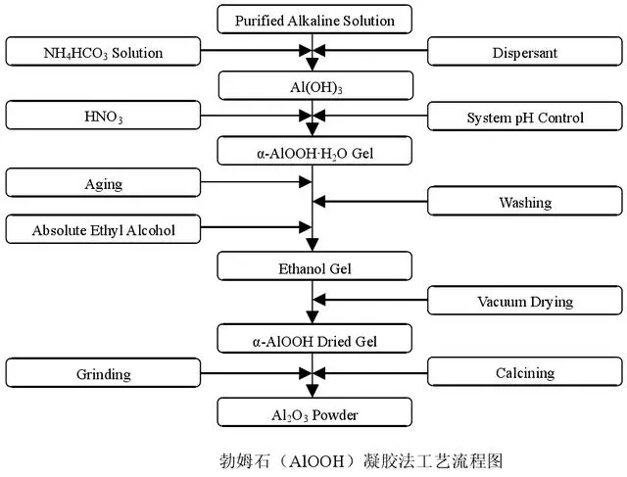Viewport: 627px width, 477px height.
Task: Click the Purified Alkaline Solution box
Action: tap(314, 20)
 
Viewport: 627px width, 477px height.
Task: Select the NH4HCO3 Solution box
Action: tap(103, 52)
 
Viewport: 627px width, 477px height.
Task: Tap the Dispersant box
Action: tap(525, 52)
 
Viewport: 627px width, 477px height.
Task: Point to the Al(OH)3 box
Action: tap(315, 85)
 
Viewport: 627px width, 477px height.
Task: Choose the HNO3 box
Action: tap(103, 116)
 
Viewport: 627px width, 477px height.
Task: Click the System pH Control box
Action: tap(525, 117)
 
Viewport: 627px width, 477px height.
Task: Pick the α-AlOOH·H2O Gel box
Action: tap(314, 151)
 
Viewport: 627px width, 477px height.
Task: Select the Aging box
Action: tap(103, 183)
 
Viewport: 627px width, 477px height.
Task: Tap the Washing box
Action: tap(525, 201)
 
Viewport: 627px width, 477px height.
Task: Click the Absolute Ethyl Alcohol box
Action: tap(103, 229)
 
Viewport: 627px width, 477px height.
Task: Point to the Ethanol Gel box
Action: tap(314, 266)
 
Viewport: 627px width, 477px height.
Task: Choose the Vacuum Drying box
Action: tap(525, 301)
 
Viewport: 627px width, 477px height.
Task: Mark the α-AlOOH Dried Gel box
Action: tap(314, 339)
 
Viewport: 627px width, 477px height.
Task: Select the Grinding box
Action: tap(103, 372)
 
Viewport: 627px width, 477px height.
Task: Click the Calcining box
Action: tap(525, 372)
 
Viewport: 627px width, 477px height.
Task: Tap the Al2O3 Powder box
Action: tap(314, 412)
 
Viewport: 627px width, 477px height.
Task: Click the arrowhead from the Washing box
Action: tap(319, 202)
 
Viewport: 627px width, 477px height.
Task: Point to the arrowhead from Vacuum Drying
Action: tap(319, 300)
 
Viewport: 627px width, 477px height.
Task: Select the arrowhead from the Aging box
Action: tap(306, 182)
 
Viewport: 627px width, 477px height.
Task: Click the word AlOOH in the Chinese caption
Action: tap(315, 461)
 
